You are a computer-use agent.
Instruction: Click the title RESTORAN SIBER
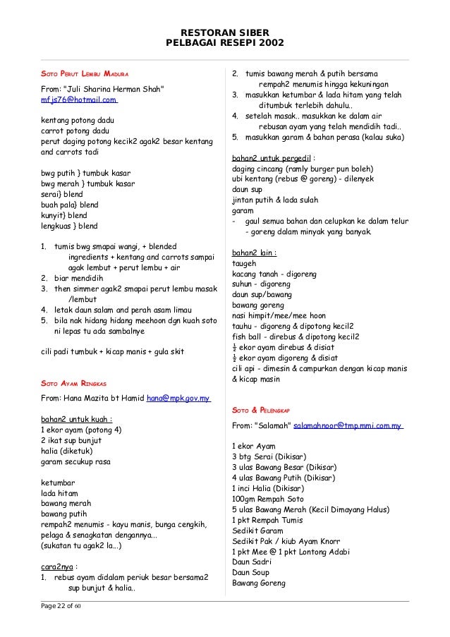tap(225, 32)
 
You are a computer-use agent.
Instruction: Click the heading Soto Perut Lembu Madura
tap(84, 73)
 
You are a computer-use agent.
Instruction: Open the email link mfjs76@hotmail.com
tap(78, 100)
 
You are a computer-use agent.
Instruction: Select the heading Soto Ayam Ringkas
tap(73, 384)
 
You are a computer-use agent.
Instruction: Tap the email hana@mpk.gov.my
tap(178, 399)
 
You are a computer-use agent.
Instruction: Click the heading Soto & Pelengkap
tap(261, 411)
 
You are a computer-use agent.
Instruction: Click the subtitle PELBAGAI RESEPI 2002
tap(225, 43)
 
